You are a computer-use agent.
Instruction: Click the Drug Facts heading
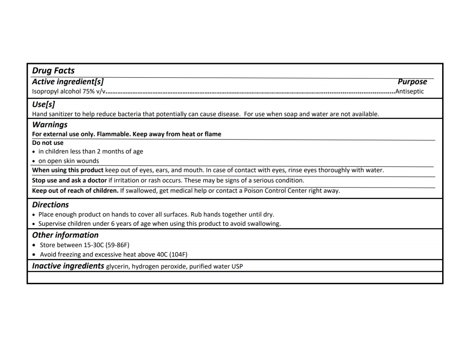click(53, 71)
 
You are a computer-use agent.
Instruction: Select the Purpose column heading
click(412, 82)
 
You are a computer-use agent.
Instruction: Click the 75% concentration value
click(86, 92)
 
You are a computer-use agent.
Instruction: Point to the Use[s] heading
click(43, 104)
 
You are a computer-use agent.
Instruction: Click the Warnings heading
click(50, 125)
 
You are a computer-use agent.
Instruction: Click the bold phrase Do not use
click(48, 142)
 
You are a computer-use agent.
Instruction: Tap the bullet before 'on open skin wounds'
click(34, 161)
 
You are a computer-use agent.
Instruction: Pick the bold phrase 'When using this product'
click(68, 170)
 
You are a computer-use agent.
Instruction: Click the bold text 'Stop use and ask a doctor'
click(69, 180)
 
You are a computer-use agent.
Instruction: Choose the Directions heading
click(51, 205)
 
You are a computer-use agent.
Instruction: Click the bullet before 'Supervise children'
click(34, 224)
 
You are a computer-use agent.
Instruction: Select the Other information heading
click(65, 235)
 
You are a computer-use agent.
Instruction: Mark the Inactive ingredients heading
click(68, 266)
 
